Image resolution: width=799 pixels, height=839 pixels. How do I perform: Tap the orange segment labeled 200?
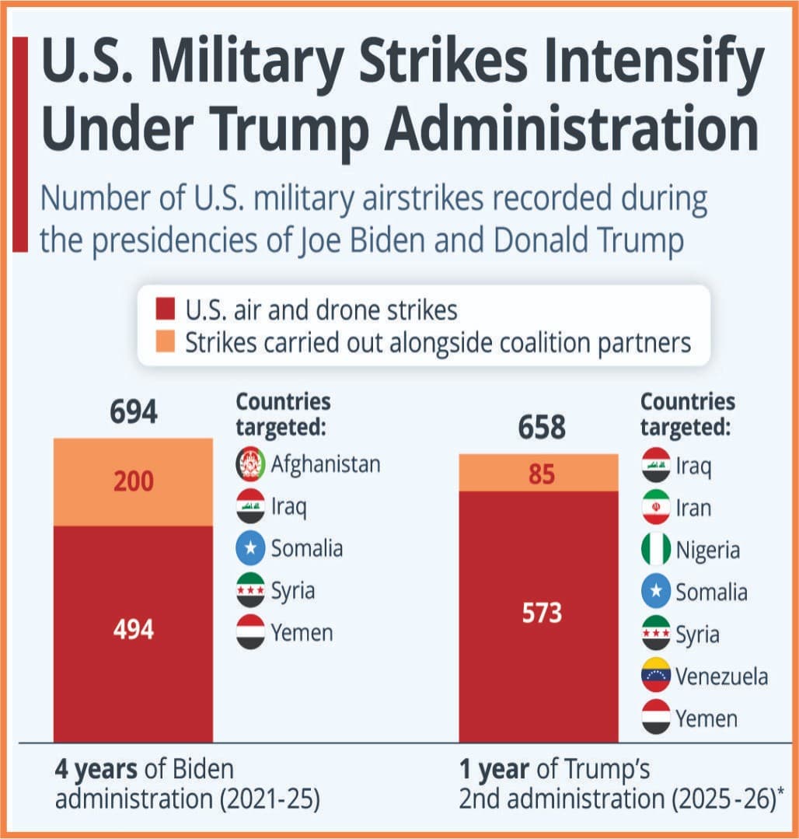pyautogui.click(x=133, y=482)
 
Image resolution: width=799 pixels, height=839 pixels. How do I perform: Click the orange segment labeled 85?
pyautogui.click(x=541, y=473)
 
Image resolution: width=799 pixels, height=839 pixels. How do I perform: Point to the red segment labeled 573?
pyautogui.click(x=541, y=614)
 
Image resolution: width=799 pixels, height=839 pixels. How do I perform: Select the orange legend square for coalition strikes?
pyautogui.click(x=166, y=342)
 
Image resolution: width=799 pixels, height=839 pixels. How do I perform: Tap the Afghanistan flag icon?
pyautogui.click(x=251, y=464)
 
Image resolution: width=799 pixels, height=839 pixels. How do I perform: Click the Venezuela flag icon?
pyautogui.click(x=656, y=676)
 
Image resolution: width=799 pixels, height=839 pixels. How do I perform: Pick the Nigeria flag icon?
pyautogui.click(x=656, y=550)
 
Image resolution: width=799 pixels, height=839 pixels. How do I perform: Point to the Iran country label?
pyautogui.click(x=693, y=508)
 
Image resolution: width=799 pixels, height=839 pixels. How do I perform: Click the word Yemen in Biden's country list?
pyautogui.click(x=302, y=632)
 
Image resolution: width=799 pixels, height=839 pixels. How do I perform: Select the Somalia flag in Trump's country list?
pyautogui.click(x=656, y=592)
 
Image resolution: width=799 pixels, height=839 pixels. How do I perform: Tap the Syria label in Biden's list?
pyautogui.click(x=293, y=591)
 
